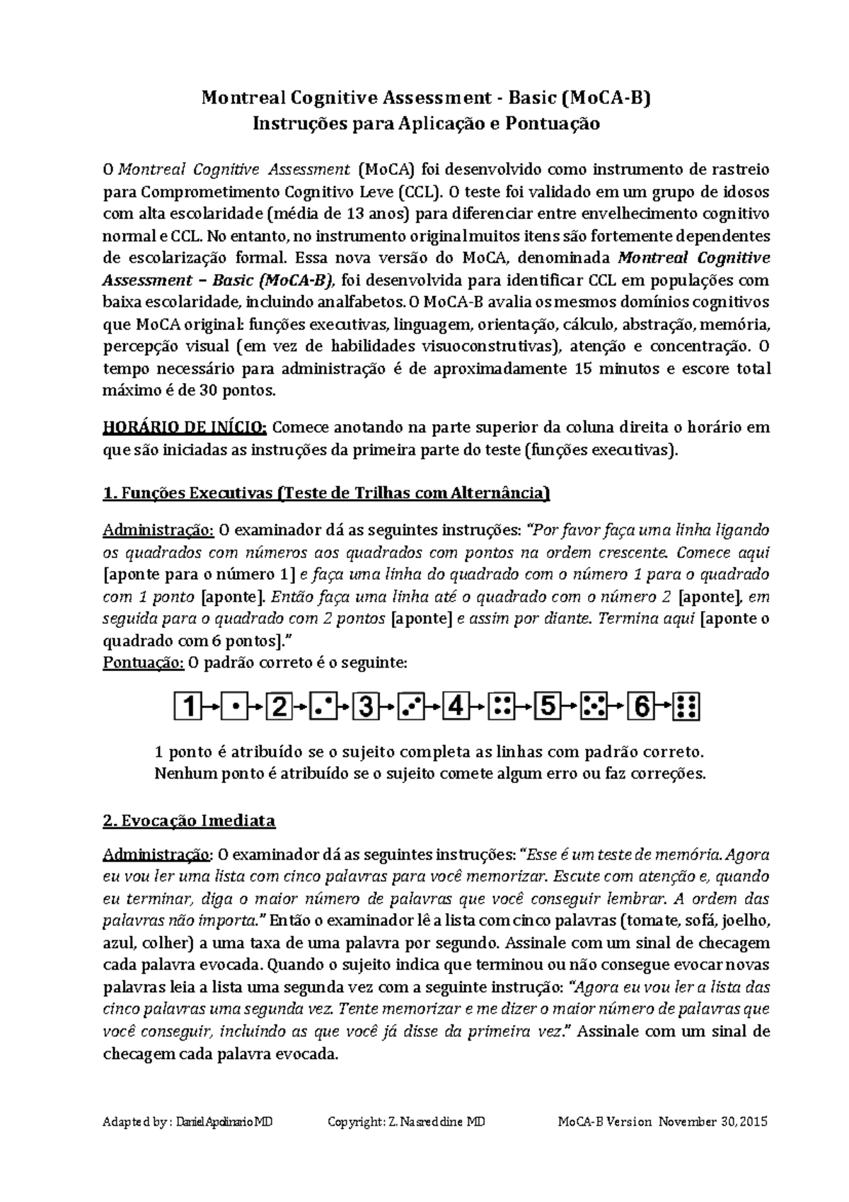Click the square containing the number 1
[188, 706]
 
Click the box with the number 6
[641, 706]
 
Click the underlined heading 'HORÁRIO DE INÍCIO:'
[185, 428]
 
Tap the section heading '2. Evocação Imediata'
[189, 821]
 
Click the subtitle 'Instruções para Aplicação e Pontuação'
[427, 124]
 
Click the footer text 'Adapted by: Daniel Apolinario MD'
[188, 1123]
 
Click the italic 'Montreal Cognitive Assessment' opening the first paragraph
[234, 169]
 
